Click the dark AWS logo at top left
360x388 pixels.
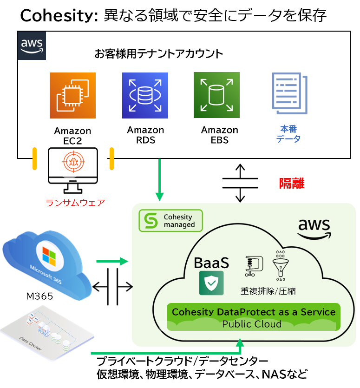tap(32, 46)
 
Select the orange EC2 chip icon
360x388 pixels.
tap(72, 95)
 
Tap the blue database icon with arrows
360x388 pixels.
tap(145, 95)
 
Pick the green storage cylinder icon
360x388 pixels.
tap(216, 95)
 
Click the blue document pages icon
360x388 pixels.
tap(289, 93)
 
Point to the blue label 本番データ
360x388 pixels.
tap(288, 134)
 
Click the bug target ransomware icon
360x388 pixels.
tap(73, 160)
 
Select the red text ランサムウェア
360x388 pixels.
tap(75, 203)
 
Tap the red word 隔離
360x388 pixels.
tap(292, 183)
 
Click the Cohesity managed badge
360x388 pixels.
tap(171, 221)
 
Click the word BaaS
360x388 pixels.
tap(212, 263)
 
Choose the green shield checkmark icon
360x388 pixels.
tap(211, 283)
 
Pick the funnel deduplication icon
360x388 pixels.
tap(280, 266)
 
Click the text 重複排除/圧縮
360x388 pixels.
tap(268, 291)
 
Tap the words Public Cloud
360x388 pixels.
tap(252, 324)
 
